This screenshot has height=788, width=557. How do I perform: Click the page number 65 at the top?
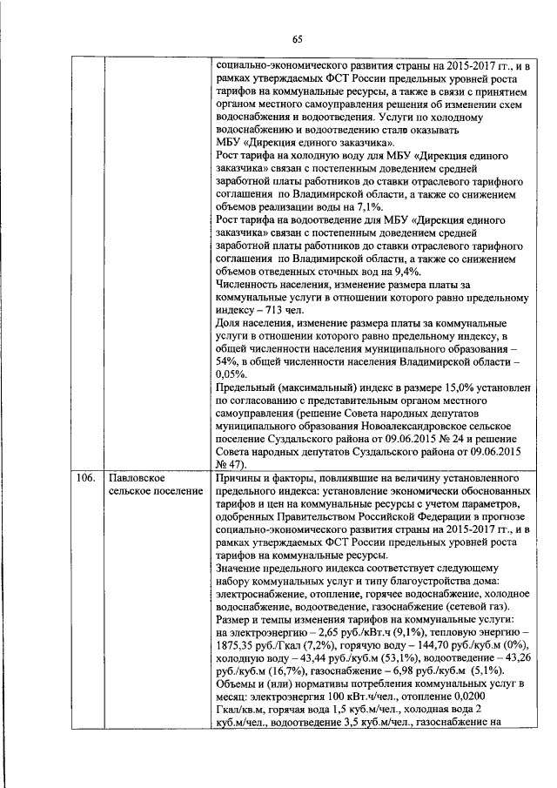[296, 38]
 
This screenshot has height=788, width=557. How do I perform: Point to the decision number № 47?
[227, 465]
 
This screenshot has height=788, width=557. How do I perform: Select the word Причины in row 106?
[239, 480]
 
